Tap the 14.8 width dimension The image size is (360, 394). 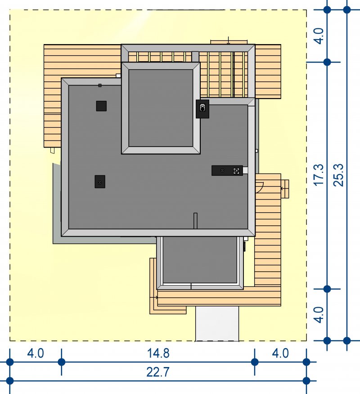(158, 353)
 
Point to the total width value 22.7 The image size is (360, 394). (158, 372)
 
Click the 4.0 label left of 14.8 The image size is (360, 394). (36, 353)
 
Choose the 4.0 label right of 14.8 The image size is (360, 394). (280, 353)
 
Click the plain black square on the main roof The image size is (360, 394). (101, 106)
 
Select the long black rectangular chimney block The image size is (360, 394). (227, 170)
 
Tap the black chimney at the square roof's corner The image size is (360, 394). (202, 109)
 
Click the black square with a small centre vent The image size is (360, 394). (100, 181)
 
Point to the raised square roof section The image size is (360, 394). (161, 108)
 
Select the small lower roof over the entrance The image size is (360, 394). (200, 263)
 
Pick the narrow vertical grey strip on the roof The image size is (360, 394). (195, 221)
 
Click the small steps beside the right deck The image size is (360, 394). (285, 189)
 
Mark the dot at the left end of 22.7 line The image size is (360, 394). (10, 381)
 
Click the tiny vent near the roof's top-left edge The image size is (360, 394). (100, 85)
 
